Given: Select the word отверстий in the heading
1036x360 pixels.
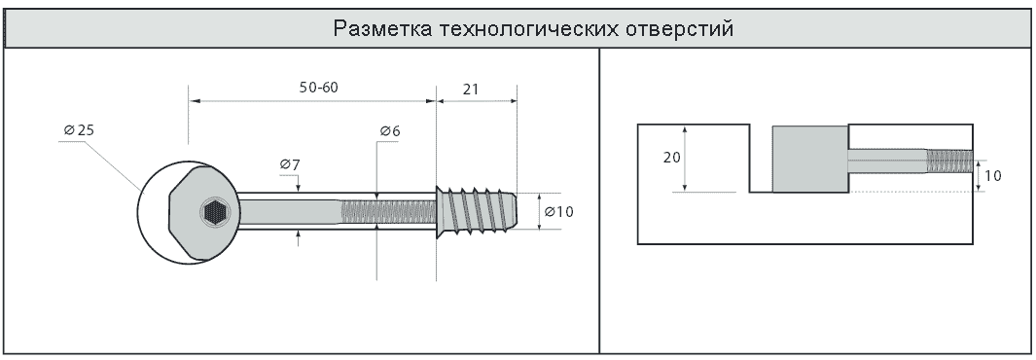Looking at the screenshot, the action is coord(680,29).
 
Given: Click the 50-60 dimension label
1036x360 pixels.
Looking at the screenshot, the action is coord(318,88).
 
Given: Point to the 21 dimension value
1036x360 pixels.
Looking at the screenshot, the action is coord(470,89).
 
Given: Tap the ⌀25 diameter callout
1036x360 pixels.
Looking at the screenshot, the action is coord(80,130).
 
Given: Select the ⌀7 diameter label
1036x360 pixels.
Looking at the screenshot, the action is coord(289,163).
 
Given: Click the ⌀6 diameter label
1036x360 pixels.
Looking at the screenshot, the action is coord(390,130).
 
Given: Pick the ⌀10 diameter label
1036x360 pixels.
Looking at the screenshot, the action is coord(559,212).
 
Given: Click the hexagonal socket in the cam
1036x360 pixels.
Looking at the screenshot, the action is coord(214,213).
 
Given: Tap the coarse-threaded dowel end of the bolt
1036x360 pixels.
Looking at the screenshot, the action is coord(477,210).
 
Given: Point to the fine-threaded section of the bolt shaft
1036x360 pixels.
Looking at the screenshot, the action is coord(388,212).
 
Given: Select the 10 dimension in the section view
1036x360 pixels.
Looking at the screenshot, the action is coord(994,176).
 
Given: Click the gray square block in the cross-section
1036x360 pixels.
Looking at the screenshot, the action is coord(810,159).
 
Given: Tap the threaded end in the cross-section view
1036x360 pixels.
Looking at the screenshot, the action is coord(948,161).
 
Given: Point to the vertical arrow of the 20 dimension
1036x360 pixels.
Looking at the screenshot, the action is coord(687,159).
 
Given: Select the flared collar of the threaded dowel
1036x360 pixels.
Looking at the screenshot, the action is coord(442,212).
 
